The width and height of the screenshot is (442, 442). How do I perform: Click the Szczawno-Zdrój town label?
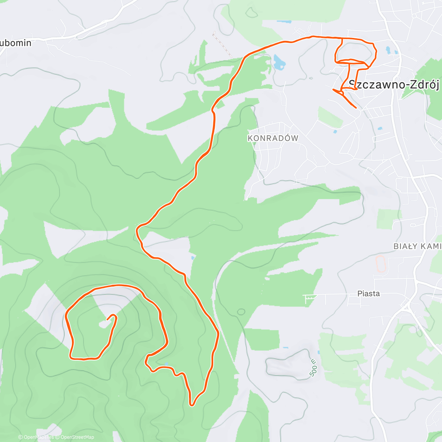[394, 85]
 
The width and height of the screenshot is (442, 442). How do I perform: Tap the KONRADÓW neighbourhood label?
[273, 138]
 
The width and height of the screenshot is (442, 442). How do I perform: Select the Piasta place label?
[368, 294]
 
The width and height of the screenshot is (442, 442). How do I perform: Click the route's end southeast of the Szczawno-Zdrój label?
[356, 108]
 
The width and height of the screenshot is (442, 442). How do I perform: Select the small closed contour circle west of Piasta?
[241, 312]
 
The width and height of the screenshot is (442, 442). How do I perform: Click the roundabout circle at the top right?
[414, 15]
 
